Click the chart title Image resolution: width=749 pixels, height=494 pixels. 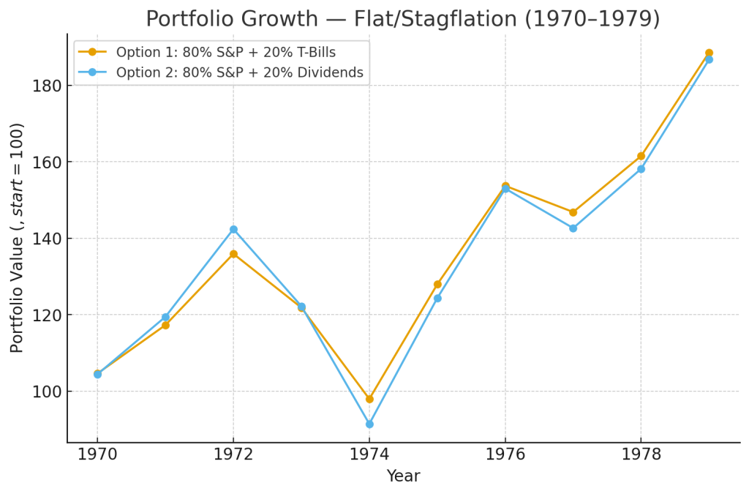(x=402, y=19)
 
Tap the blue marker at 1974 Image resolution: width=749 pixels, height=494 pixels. (x=369, y=424)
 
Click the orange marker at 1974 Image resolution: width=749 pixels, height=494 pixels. (x=369, y=399)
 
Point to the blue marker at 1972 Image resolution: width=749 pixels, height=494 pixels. (x=233, y=230)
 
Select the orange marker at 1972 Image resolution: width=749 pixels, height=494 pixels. (x=233, y=254)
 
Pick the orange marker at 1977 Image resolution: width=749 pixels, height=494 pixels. (x=573, y=212)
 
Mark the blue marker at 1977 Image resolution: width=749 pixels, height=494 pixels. (x=573, y=228)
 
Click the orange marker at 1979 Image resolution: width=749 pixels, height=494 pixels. (x=709, y=53)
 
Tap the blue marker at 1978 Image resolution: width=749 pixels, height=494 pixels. (x=641, y=169)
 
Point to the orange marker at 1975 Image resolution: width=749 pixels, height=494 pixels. (x=437, y=284)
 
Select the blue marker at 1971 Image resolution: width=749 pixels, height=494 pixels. (x=165, y=317)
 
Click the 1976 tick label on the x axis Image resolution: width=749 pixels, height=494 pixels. (x=505, y=454)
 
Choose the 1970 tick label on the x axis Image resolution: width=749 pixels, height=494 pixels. (x=97, y=454)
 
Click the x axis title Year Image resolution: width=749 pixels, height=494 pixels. (x=403, y=476)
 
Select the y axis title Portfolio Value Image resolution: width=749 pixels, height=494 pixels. (x=18, y=238)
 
